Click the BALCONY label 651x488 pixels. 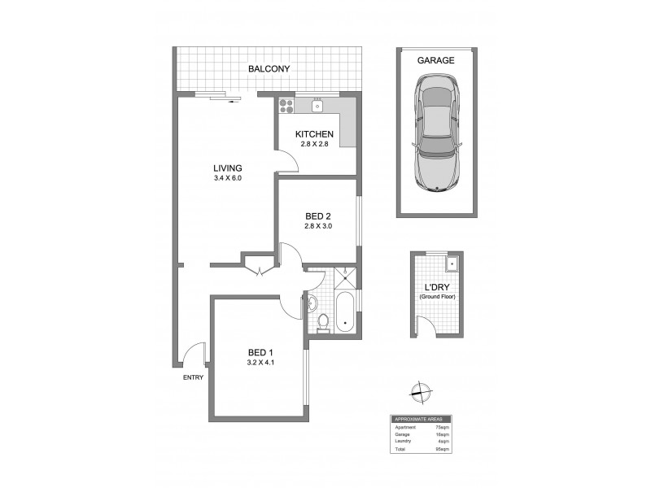[x=269, y=69]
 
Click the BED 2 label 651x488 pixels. [x=318, y=216]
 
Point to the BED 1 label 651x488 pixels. [x=261, y=352]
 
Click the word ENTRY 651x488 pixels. [x=194, y=377]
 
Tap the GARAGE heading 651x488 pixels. [x=435, y=59]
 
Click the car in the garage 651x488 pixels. [x=437, y=132]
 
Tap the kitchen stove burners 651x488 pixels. [x=286, y=104]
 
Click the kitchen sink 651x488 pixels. [x=318, y=104]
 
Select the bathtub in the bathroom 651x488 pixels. [x=345, y=311]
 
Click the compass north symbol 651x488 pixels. [x=420, y=390]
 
